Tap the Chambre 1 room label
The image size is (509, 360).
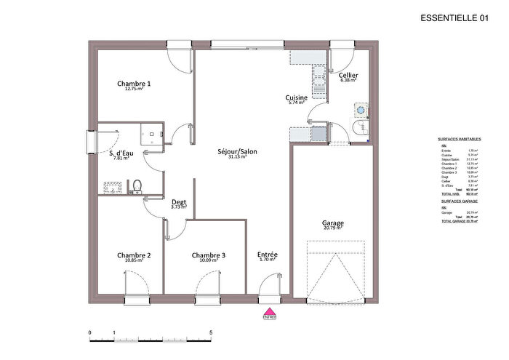[134, 84]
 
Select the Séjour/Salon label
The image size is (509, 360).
[237, 152]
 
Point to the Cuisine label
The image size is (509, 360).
[297, 97]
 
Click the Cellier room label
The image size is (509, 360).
[348, 75]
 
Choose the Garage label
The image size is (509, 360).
[333, 223]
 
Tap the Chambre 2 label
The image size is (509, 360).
[134, 255]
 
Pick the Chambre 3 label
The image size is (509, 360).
[209, 255]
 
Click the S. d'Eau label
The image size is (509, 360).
[121, 153]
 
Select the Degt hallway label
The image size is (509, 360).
[178, 202]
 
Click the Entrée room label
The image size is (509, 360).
[268, 255]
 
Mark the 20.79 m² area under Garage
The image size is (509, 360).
[333, 228]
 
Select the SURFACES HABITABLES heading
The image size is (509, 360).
[457, 138]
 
